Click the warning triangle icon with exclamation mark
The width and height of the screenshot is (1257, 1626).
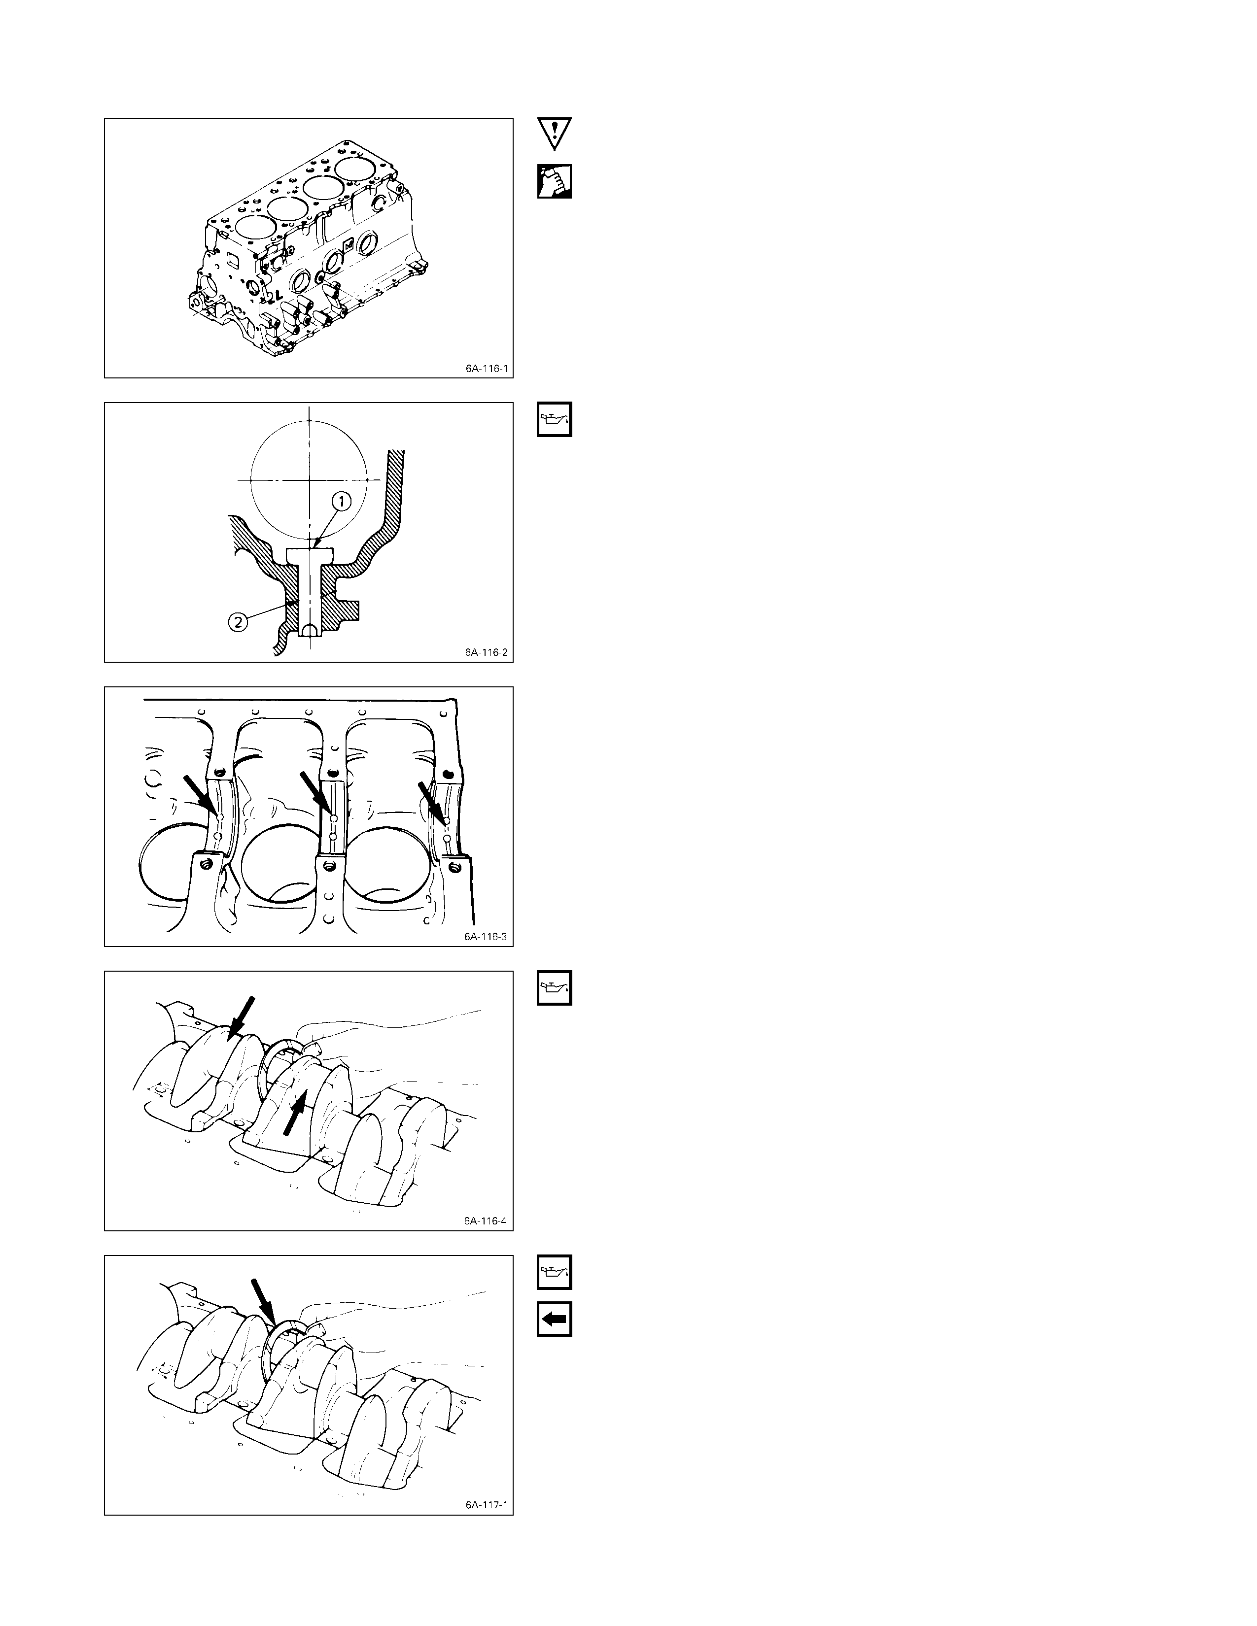554,133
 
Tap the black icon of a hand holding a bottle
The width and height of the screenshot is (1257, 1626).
554,181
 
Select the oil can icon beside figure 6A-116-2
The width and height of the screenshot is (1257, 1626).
554,420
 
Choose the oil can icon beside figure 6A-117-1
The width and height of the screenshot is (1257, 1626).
554,1272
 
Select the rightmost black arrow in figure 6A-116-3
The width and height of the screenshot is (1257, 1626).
433,803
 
